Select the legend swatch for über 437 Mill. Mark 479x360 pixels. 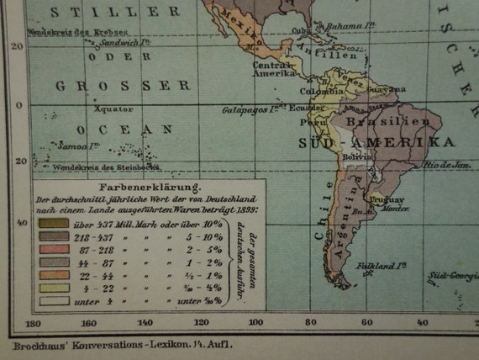pyautogui.click(x=51, y=223)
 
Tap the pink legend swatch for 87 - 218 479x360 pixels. pyautogui.click(x=51, y=250)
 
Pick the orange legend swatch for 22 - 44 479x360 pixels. pyautogui.click(x=51, y=275)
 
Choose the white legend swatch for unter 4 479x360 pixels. pyautogui.click(x=51, y=300)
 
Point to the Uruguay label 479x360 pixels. pyautogui.click(x=388, y=199)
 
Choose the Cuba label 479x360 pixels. pyautogui.click(x=300, y=30)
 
